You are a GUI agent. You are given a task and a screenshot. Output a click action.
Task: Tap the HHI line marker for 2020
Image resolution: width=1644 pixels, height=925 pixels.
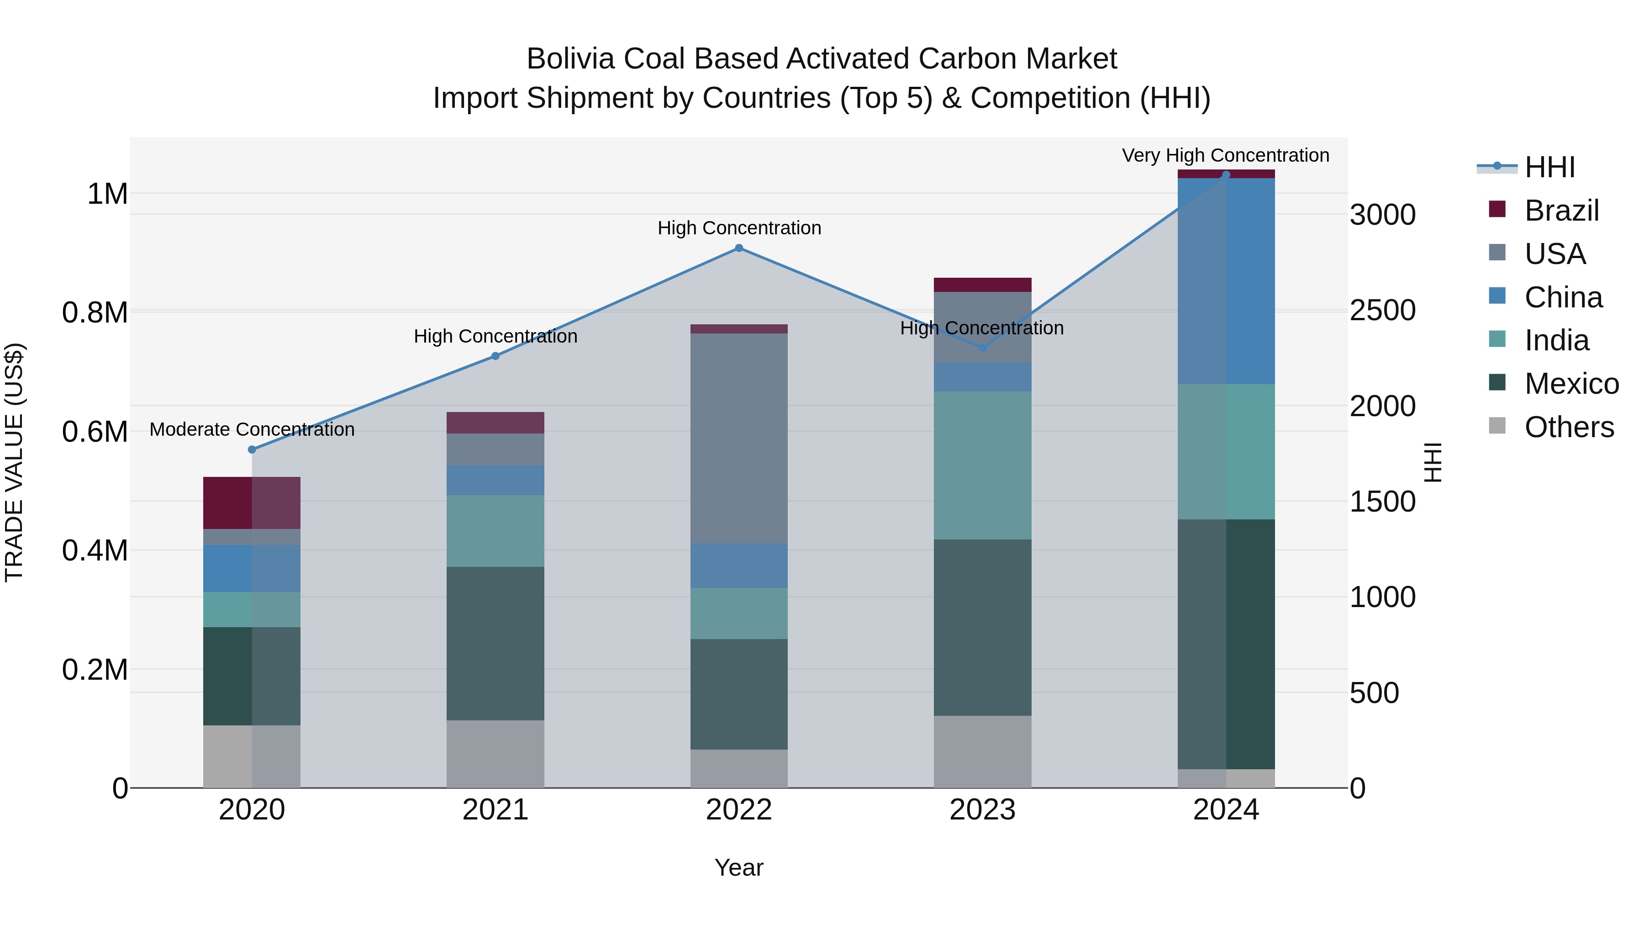pos(252,449)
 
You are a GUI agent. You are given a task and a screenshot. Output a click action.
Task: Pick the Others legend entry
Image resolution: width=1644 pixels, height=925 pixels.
pos(1568,427)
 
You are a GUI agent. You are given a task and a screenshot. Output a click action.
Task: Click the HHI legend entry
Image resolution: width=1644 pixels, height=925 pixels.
pos(1549,167)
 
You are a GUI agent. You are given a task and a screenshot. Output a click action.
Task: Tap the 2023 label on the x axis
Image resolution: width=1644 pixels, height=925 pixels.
pos(982,810)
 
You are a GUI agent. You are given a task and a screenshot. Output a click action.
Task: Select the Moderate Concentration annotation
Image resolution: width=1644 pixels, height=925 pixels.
pos(252,430)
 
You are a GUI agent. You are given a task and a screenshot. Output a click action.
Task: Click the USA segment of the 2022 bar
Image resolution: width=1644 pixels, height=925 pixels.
pos(738,438)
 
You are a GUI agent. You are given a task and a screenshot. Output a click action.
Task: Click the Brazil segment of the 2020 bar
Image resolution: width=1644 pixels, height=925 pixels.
pos(252,502)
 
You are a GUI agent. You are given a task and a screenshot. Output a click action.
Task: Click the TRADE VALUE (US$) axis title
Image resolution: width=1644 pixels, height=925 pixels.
pos(14,462)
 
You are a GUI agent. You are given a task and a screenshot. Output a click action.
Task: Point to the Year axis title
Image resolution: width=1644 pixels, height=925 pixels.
pos(738,867)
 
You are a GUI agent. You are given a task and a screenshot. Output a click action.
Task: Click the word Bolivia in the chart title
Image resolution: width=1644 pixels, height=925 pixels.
pos(570,59)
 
